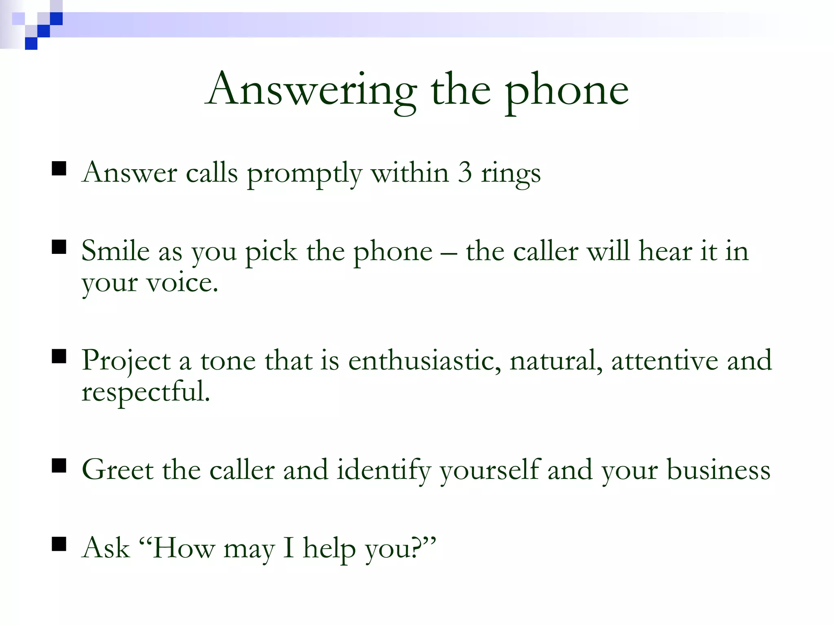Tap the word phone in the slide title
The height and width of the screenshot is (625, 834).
click(567, 92)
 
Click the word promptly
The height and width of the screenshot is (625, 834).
click(304, 174)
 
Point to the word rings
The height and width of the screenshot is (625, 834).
click(511, 174)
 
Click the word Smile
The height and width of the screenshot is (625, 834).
click(115, 251)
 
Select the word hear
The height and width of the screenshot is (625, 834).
click(665, 251)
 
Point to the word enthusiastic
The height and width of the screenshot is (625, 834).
click(424, 361)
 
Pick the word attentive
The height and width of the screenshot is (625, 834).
click(665, 361)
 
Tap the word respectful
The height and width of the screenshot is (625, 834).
click(145, 392)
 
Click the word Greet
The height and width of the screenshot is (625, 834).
click(118, 470)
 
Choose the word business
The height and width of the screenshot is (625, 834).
click(718, 470)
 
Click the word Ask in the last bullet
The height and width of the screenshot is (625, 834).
click(105, 548)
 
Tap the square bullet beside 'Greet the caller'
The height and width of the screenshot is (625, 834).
click(59, 465)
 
